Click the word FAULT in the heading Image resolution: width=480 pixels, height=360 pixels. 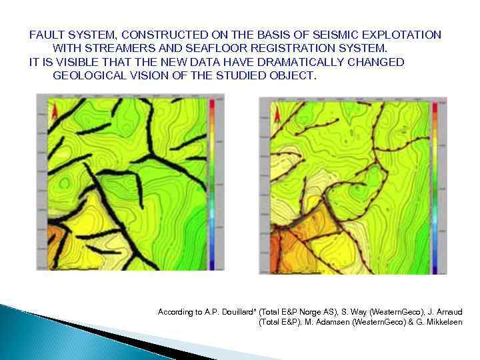pyautogui.click(x=45, y=35)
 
